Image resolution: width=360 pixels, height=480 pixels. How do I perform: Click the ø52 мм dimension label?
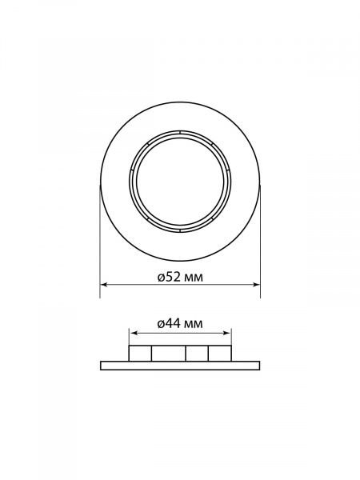180,278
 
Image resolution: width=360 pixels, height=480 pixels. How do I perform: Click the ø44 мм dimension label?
180,323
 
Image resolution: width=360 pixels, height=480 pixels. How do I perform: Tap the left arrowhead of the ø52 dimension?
103,285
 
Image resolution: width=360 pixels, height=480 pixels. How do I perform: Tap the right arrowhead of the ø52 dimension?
257,285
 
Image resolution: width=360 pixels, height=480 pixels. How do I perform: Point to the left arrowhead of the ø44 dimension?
132,333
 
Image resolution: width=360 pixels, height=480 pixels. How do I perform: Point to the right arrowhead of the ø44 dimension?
228,333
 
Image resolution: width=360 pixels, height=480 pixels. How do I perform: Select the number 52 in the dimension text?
173,278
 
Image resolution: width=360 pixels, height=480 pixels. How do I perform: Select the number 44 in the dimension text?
173,323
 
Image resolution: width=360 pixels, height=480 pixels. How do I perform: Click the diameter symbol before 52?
162,278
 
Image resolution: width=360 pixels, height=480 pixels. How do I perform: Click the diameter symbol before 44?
162,324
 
